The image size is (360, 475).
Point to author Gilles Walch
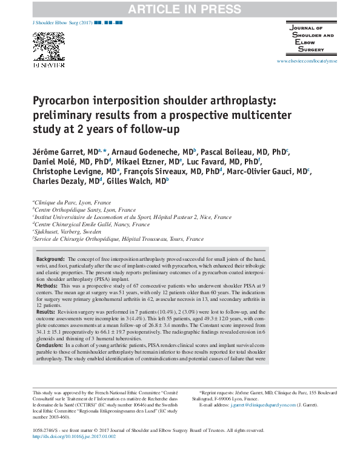138,180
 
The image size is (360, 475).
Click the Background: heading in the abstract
51,258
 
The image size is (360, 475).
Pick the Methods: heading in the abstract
48,285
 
